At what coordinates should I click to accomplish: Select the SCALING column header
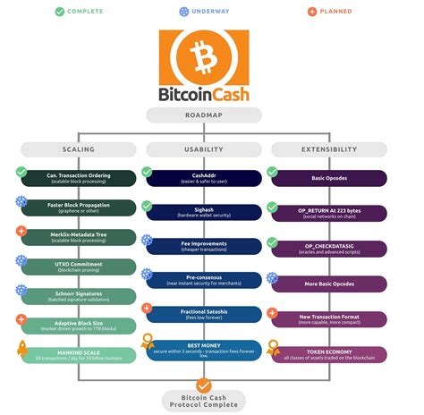tap(79, 148)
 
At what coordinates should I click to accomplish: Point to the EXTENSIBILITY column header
tap(329, 148)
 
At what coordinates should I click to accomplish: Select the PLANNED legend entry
tap(331, 12)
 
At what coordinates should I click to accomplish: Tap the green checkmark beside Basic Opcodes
tap(273, 171)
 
